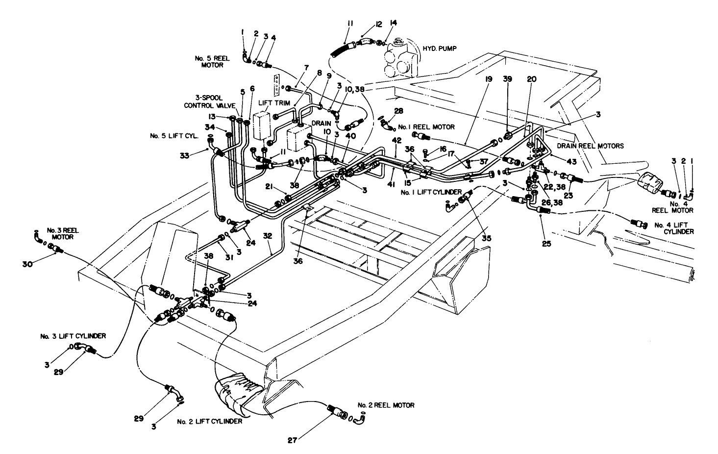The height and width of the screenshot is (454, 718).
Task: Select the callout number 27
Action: click(292, 440)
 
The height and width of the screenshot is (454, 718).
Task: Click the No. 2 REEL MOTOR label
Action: click(386, 405)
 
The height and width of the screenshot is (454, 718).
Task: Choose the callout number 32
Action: click(268, 236)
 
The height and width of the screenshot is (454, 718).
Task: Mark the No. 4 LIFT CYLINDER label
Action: click(674, 228)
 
